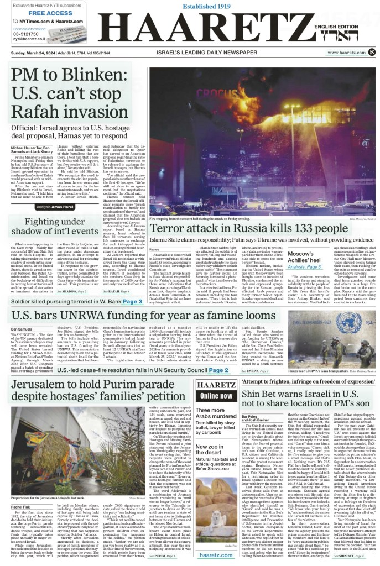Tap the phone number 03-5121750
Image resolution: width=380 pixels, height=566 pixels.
pyautogui.click(x=23, y=33)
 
